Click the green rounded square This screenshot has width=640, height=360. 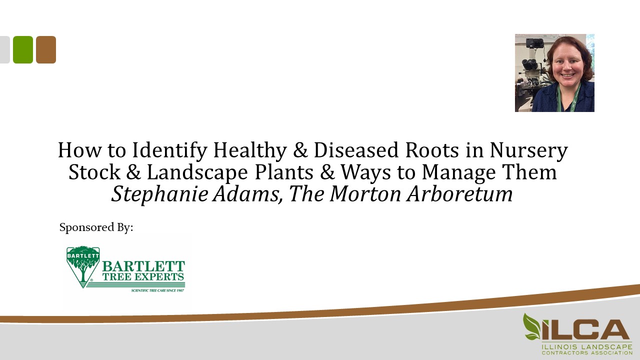(23, 49)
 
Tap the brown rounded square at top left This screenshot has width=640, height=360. (46, 49)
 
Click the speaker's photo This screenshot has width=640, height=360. (554, 73)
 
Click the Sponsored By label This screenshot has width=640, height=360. (96, 227)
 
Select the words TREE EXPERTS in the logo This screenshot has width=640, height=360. (143, 276)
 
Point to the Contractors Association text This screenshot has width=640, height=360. (587, 352)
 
